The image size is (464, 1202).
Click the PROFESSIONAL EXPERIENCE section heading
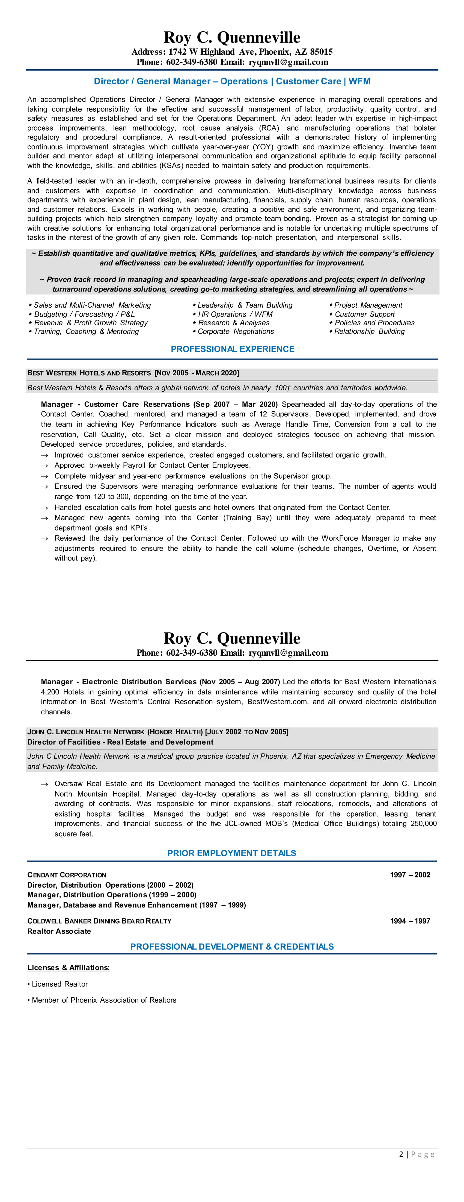pos(232,349)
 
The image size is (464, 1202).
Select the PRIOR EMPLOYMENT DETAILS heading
pos(232,853)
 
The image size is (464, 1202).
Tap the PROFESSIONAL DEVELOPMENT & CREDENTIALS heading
pos(232,946)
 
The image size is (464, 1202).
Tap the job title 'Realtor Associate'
pos(59,931)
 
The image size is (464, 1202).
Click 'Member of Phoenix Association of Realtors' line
pos(103,1000)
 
